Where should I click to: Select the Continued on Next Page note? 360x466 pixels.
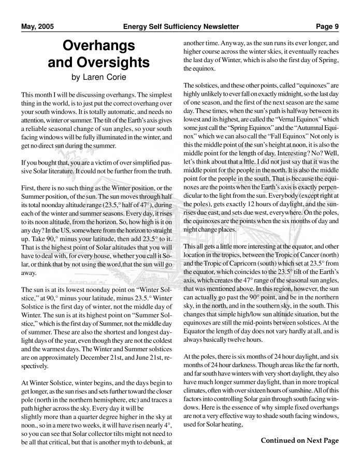tap(299, 441)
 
